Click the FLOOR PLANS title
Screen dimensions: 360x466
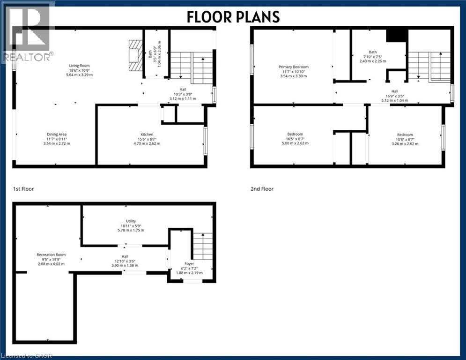(x=233, y=16)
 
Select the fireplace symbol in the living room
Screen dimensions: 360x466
(x=134, y=54)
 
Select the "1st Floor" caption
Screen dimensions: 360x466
(x=23, y=189)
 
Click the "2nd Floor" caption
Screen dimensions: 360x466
(x=262, y=189)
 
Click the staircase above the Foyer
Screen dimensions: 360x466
(x=203, y=246)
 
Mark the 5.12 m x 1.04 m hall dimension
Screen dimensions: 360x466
(x=395, y=100)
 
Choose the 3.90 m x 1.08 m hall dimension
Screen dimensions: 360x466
(x=125, y=265)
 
